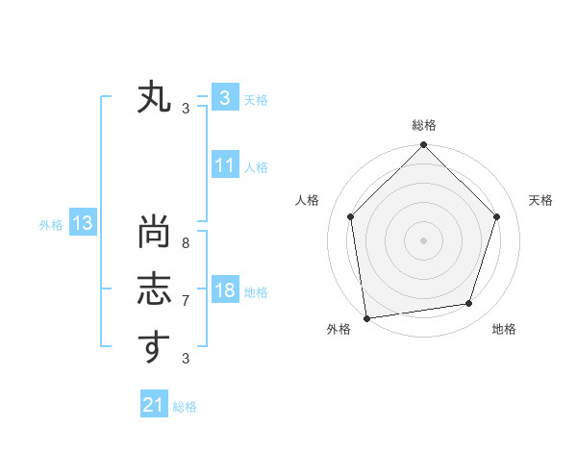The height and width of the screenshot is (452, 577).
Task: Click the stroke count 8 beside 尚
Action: [186, 244]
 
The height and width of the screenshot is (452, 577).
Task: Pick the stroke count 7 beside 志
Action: [186, 300]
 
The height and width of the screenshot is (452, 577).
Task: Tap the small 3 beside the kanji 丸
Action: [186, 108]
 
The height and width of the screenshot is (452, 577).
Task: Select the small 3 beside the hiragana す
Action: [186, 358]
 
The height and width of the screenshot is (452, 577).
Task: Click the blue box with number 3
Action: [224, 98]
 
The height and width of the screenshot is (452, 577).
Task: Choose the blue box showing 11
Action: [224, 165]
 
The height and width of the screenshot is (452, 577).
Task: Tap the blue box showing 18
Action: [224, 290]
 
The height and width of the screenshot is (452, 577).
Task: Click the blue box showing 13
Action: [83, 224]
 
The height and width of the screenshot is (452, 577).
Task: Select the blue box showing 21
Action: [153, 405]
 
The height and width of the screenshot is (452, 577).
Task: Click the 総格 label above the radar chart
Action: [423, 126]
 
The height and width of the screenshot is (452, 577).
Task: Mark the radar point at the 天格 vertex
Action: [497, 216]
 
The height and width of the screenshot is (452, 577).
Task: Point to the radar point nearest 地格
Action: [469, 304]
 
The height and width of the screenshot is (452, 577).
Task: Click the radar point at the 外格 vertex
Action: [366, 318]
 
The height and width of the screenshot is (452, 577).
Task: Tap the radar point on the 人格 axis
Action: [350, 216]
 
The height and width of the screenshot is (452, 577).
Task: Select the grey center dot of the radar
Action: [423, 240]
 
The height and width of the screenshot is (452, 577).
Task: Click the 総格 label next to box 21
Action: [185, 407]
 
